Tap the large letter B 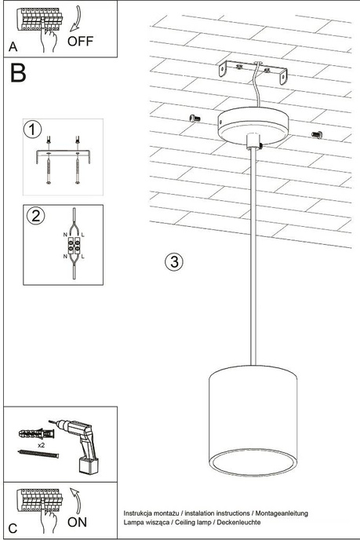tap(18, 75)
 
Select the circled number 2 tap(35, 215)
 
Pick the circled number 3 tap(174, 261)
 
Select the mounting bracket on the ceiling tap(253, 73)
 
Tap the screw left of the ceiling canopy tap(196, 118)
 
